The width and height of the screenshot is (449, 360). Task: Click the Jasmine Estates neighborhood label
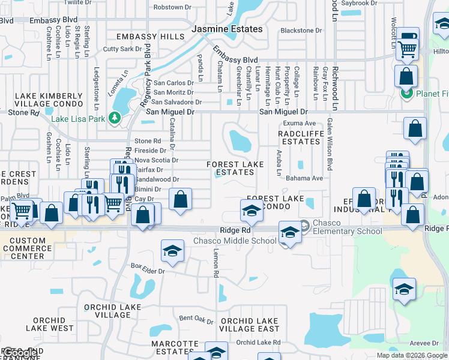pyautogui.click(x=227, y=29)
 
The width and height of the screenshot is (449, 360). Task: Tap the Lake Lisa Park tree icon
pyautogui.click(x=115, y=119)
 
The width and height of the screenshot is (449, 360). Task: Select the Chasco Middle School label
pyautogui.click(x=235, y=241)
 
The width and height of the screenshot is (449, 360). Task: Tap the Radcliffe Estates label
pyautogui.click(x=301, y=137)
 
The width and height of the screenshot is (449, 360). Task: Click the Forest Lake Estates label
pyautogui.click(x=235, y=168)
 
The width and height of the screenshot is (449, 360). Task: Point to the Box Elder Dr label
pyautogui.click(x=148, y=268)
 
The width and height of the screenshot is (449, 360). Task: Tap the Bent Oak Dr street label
pyautogui.click(x=196, y=318)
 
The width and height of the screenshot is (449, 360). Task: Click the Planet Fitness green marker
pyautogui.click(x=406, y=94)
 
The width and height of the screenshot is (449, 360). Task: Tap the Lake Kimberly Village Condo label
pyautogui.click(x=48, y=100)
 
